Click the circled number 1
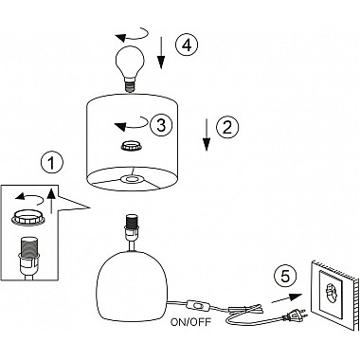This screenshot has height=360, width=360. (x=52, y=163)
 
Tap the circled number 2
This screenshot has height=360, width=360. (x=227, y=127)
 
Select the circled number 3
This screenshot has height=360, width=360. (x=161, y=125)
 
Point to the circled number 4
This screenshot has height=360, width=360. (x=187, y=45)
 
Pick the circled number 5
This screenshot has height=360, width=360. (x=285, y=277)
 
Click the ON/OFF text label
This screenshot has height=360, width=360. (x=191, y=322)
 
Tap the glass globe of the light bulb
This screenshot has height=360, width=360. (x=130, y=61)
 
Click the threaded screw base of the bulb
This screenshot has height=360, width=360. (x=131, y=85)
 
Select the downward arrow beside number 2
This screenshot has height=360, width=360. (x=207, y=135)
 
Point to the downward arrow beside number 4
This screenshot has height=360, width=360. (x=161, y=53)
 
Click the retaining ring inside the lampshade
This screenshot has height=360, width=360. (x=132, y=146)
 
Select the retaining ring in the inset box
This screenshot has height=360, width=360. (x=27, y=219)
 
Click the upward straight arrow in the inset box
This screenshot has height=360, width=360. (x=52, y=200)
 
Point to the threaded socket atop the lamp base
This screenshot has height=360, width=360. (x=133, y=226)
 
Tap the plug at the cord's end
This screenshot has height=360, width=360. (x=296, y=315)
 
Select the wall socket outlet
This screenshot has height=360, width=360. (x=333, y=296)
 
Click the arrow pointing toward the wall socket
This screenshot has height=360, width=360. (x=286, y=298)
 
